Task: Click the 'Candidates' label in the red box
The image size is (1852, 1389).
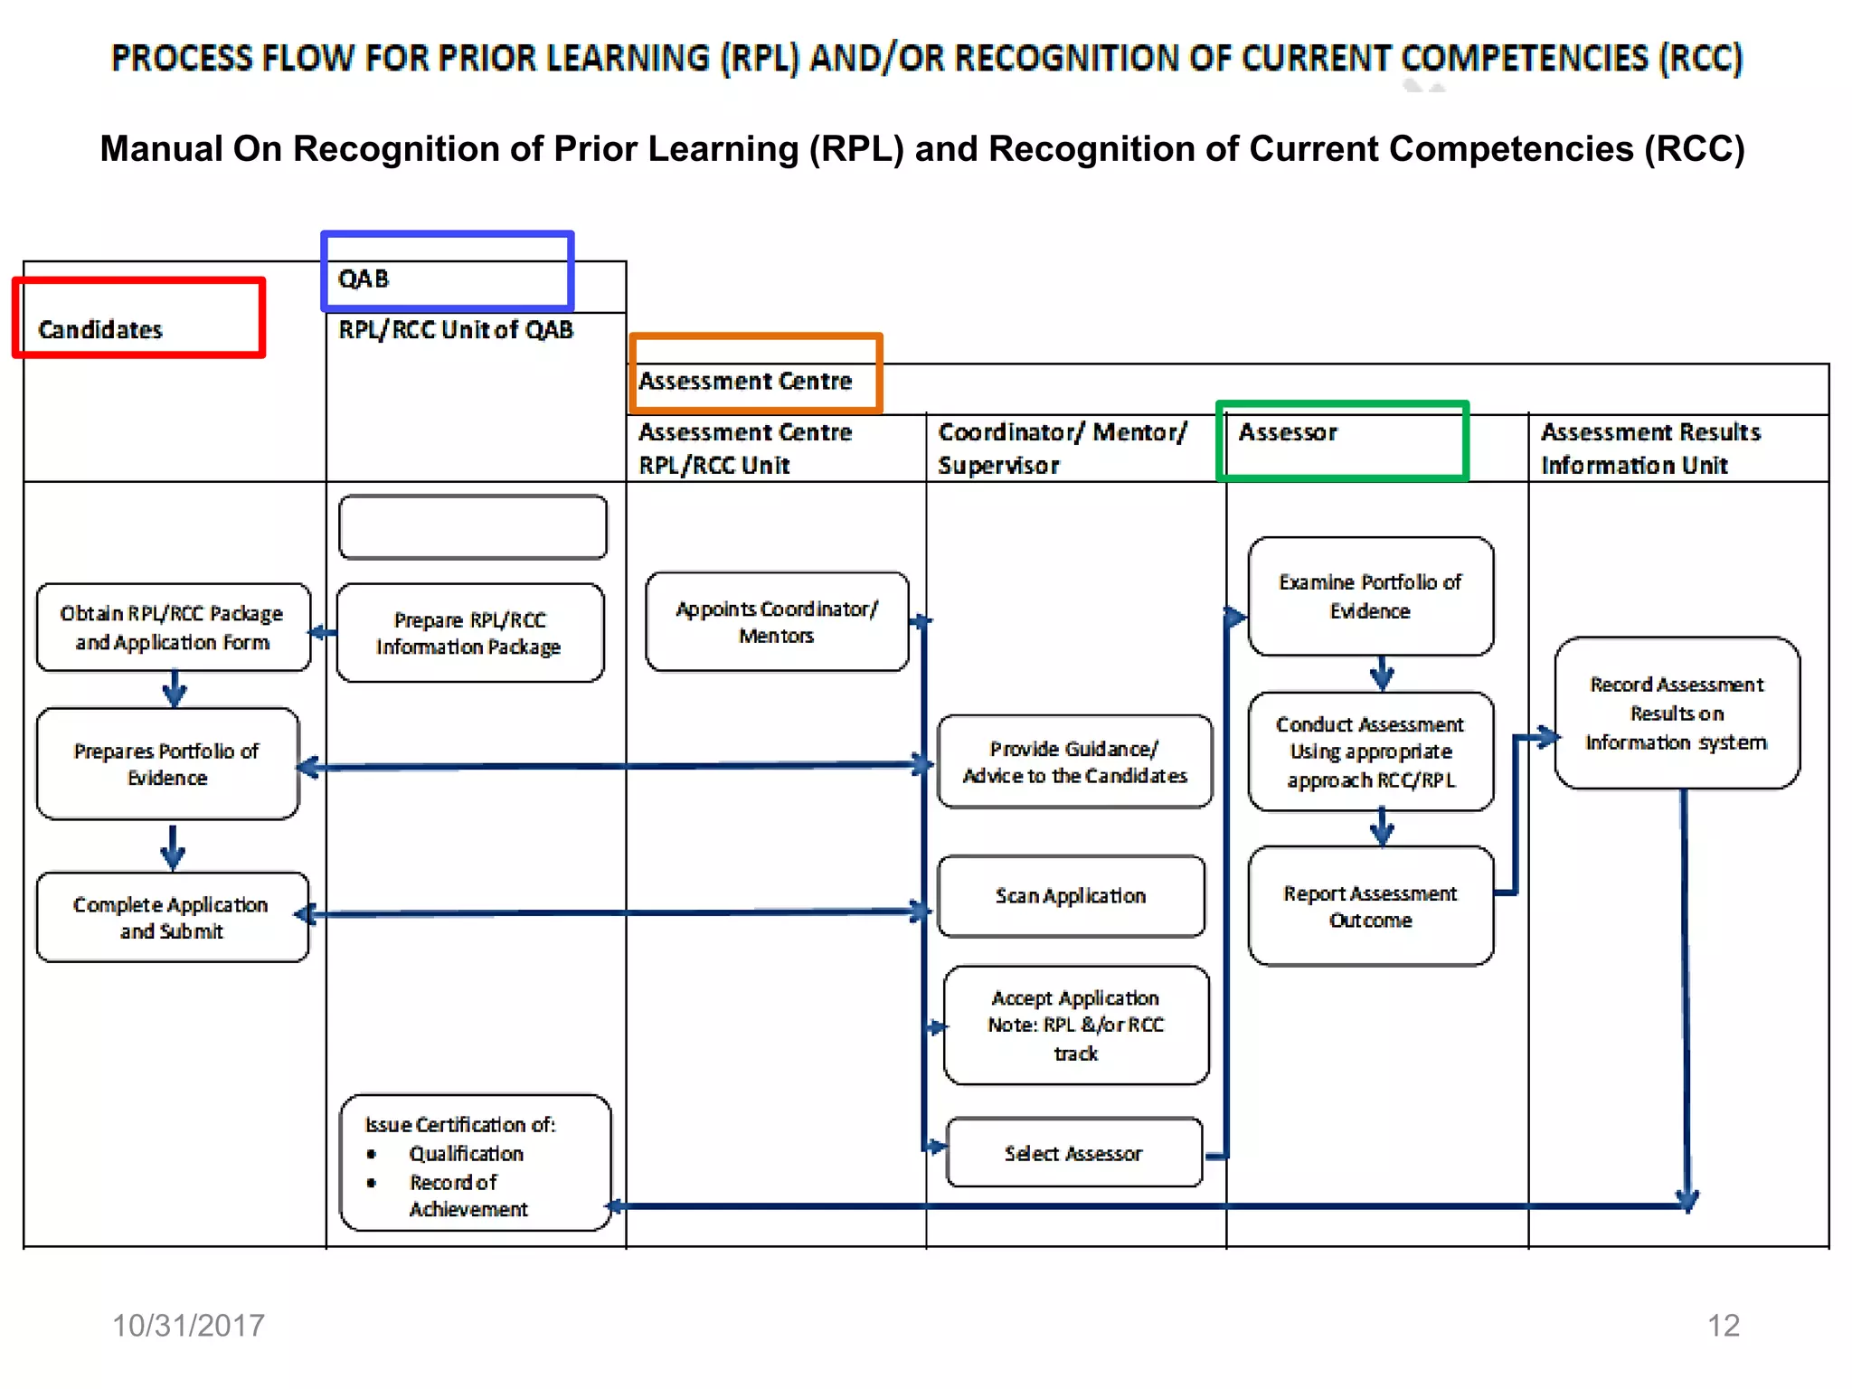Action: (100, 329)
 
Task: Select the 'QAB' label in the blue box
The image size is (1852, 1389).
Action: (364, 279)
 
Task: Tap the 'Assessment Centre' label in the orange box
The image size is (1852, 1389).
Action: (745, 381)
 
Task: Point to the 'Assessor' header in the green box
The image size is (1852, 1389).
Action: (1288, 432)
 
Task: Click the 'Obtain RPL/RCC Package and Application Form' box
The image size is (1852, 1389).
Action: (172, 628)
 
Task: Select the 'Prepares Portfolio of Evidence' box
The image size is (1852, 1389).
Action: (167, 764)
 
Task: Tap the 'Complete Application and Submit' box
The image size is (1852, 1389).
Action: (172, 917)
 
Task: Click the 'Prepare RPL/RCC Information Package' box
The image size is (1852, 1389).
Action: (469, 633)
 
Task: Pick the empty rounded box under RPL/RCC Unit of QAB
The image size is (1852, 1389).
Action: (473, 527)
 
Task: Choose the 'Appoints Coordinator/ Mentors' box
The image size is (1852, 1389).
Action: (777, 622)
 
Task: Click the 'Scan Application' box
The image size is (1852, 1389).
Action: (1071, 896)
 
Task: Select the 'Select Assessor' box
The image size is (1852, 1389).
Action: (1073, 1153)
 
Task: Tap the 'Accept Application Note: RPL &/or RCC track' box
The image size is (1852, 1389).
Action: (1075, 1025)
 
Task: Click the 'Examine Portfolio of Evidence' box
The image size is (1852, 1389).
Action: (1370, 597)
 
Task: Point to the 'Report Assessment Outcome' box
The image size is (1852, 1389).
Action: (1370, 906)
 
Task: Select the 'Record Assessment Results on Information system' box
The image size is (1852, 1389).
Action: (1677, 713)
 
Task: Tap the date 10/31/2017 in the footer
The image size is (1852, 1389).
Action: (188, 1326)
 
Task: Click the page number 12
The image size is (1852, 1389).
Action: (1723, 1326)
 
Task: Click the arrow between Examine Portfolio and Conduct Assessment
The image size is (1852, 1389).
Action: (1381, 674)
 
